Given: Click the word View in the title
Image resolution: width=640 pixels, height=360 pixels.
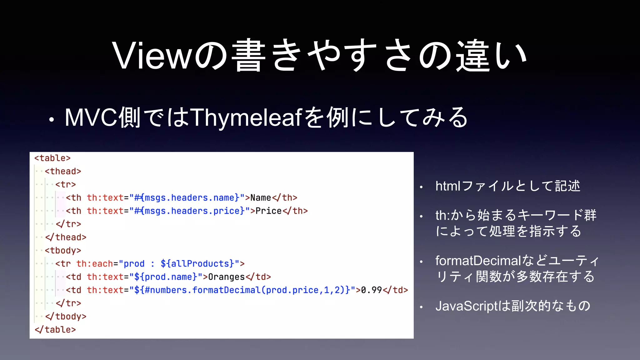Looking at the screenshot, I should pos(151,56).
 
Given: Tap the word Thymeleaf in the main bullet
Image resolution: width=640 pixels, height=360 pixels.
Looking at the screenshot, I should pos(246,117).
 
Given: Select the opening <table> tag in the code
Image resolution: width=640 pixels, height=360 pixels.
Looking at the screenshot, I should pos(52,158).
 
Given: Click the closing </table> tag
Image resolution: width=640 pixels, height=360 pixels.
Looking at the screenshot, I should pos(55,330).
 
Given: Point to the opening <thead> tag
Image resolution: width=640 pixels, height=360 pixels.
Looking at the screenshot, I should pos(63,171).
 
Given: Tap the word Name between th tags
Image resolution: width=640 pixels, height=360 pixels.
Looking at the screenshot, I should pos(261,198).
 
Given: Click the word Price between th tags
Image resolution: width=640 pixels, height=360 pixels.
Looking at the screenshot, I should pos(268,211).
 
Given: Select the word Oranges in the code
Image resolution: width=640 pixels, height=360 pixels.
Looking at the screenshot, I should pos(226,277).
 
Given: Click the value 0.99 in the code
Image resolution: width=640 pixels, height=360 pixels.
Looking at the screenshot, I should pos(371,290).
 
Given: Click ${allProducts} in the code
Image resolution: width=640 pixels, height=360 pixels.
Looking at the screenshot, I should pos(197,264).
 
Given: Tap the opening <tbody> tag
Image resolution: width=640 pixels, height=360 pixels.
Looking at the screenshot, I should pos(63,251).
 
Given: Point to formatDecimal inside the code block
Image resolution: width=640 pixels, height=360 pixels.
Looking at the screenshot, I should pos(226,290).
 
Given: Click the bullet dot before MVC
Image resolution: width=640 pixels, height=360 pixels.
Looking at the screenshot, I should pos(52,119).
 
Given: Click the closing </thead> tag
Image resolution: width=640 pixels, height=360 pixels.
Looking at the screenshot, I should pos(66,237).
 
